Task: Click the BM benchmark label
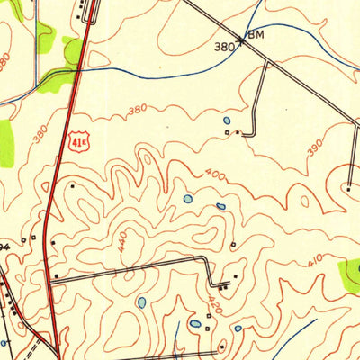(x=257, y=34)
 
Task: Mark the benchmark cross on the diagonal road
(x=241, y=40)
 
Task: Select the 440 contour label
(x=123, y=240)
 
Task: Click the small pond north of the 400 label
(x=225, y=119)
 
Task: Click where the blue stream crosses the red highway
(x=79, y=68)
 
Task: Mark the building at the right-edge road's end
(x=348, y=187)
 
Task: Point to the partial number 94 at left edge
(x=4, y=244)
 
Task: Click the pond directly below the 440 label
(x=141, y=302)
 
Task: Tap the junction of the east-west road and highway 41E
(x=50, y=282)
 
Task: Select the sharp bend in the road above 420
(x=209, y=260)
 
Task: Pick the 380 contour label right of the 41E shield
(x=137, y=111)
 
